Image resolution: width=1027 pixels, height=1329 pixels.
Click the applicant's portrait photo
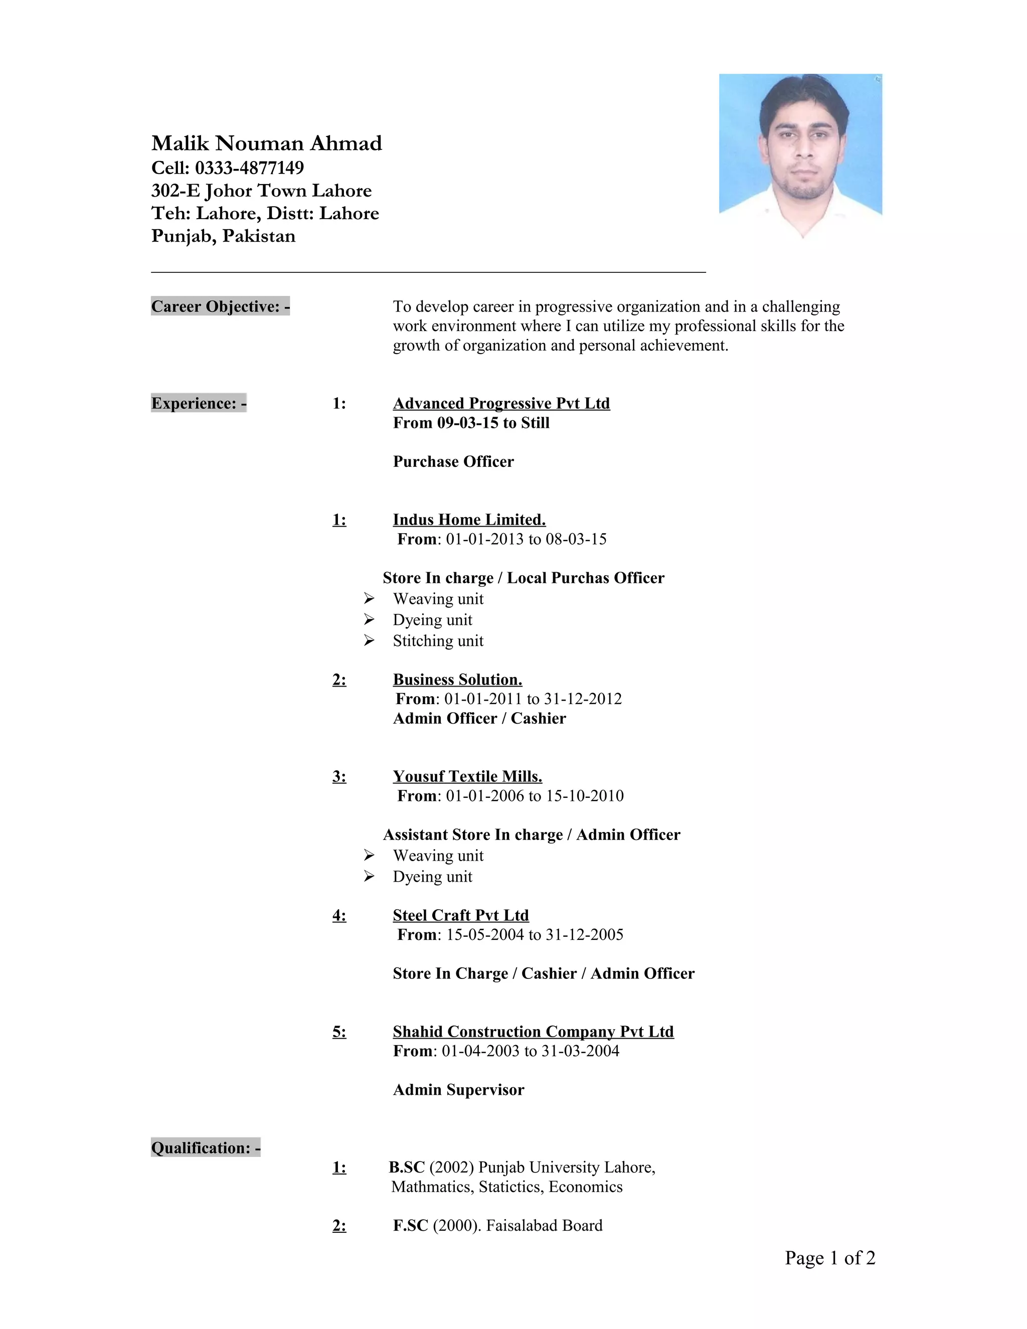800,155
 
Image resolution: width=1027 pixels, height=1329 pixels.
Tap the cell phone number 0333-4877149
249,168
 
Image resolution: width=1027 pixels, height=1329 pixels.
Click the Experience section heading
199,403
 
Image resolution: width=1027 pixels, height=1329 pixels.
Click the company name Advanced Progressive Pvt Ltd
501,403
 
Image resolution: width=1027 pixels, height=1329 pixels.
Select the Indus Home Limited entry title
469,520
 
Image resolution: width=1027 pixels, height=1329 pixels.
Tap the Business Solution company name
457,680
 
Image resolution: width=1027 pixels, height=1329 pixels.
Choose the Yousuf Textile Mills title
467,776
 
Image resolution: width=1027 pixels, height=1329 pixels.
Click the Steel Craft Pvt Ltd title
460,915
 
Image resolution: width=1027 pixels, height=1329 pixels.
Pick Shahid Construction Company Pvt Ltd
533,1032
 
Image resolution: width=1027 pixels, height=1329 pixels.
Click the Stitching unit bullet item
438,641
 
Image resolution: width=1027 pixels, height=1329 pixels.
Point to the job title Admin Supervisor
458,1089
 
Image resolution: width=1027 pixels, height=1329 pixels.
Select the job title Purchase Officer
453,461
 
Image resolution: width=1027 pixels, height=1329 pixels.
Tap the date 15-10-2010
585,796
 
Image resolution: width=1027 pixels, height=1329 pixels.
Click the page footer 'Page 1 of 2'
830,1257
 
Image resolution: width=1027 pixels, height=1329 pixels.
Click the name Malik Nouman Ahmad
266,143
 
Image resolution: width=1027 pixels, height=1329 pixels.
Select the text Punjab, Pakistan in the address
223,236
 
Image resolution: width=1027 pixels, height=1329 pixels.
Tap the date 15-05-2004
485,935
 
